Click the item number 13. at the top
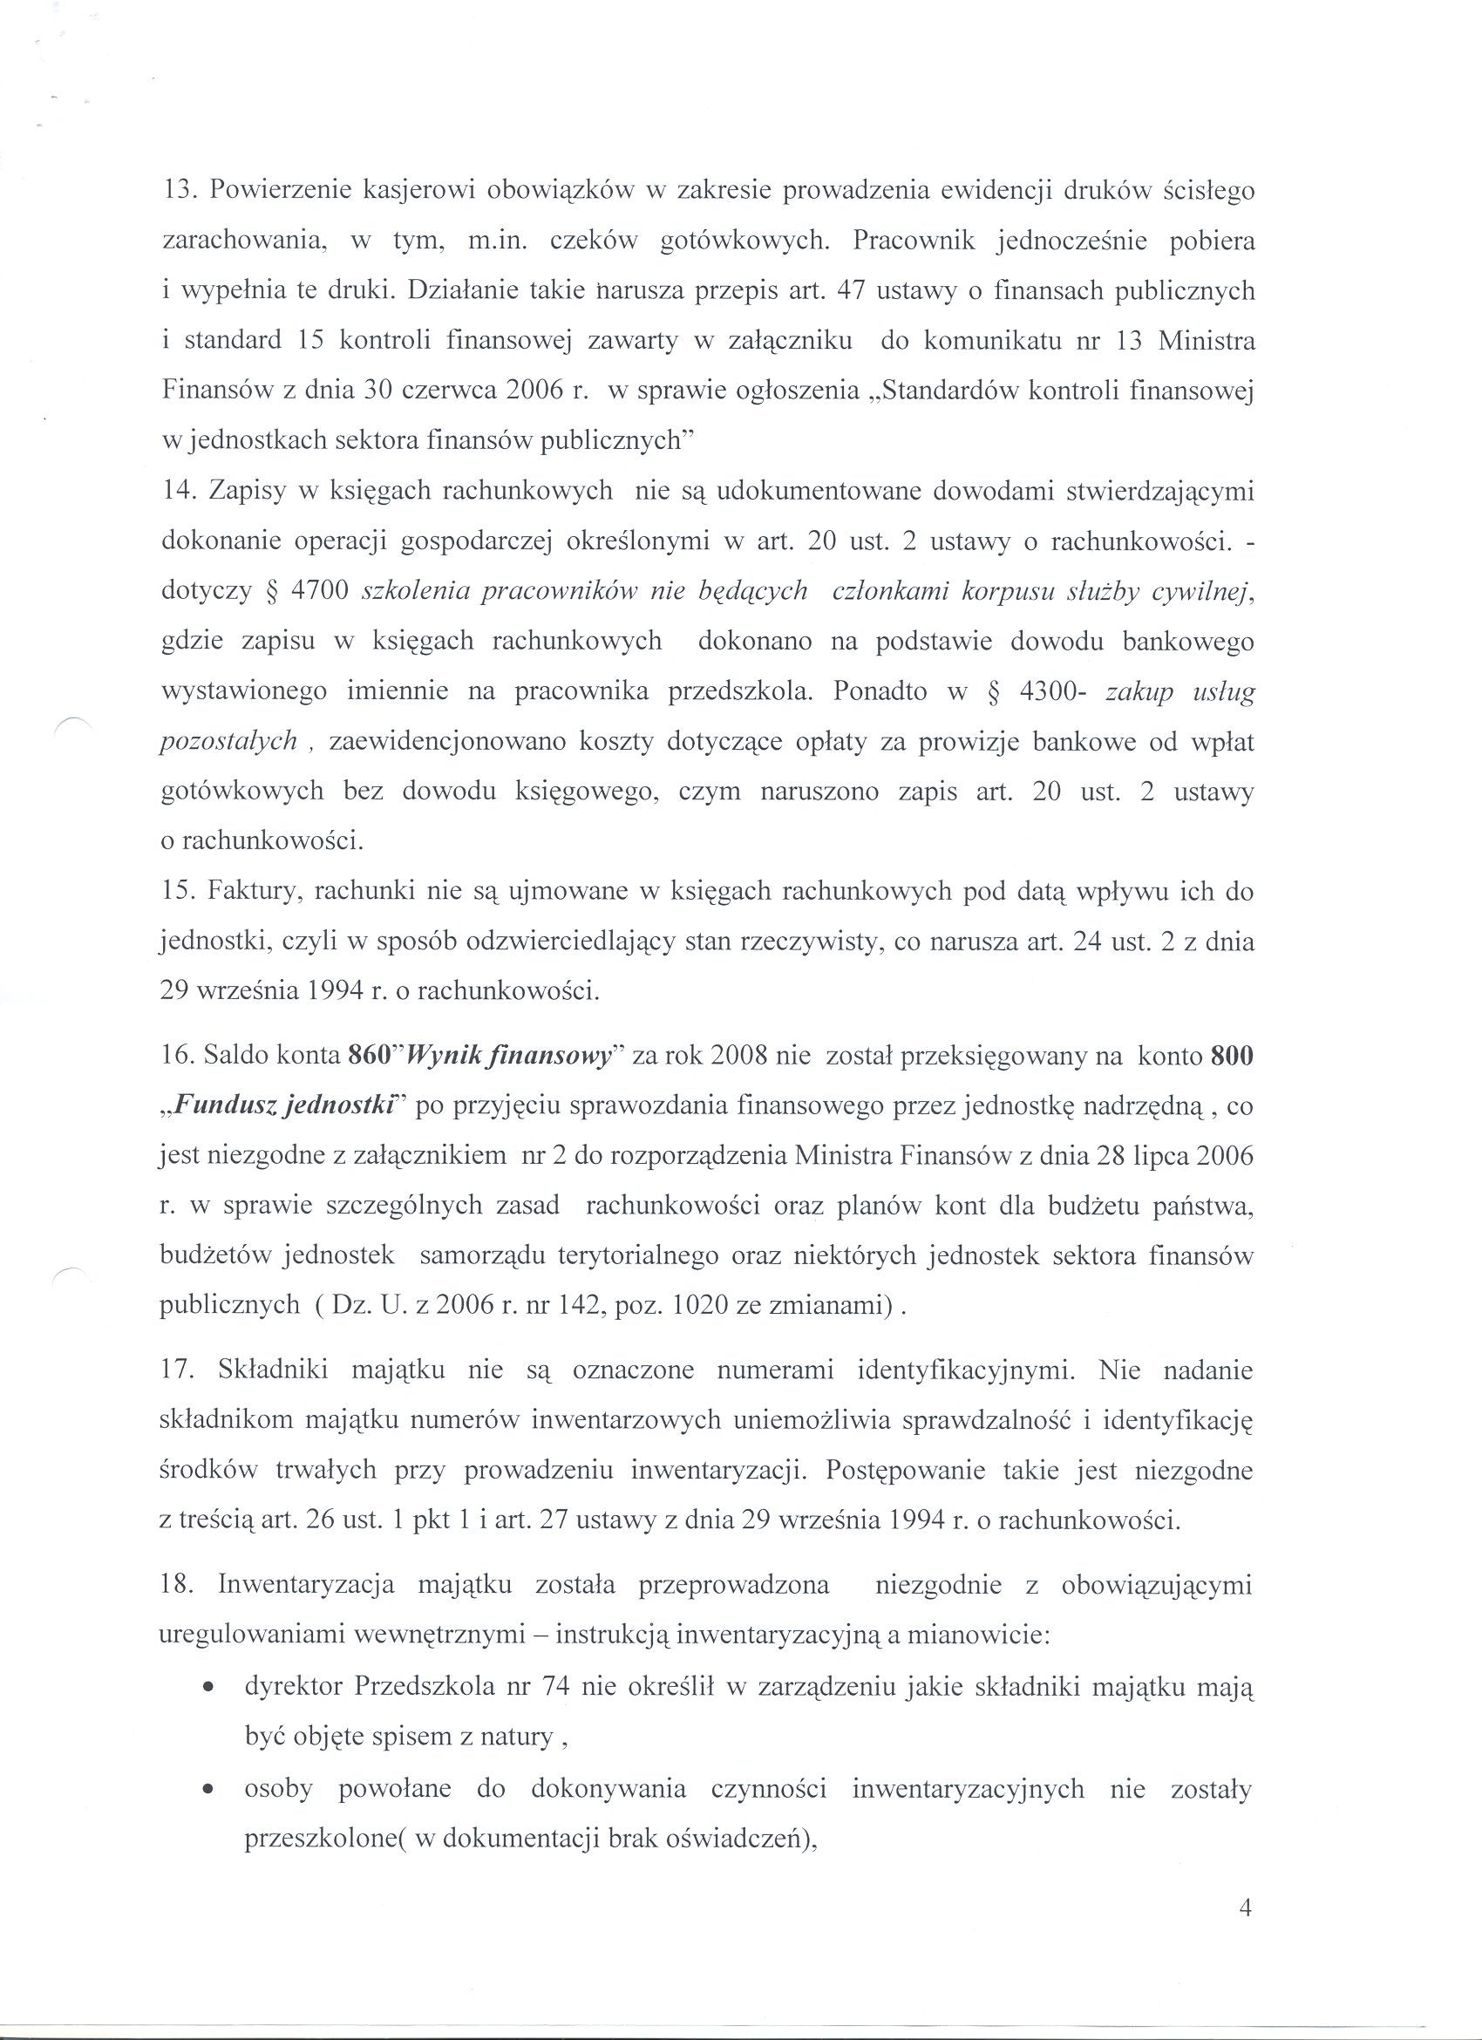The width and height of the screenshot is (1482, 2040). [179, 192]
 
